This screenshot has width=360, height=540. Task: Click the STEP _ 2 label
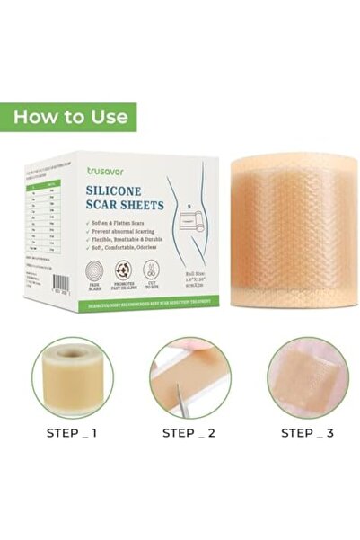click(x=189, y=431)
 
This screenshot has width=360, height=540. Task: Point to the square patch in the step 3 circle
click(x=310, y=376)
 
